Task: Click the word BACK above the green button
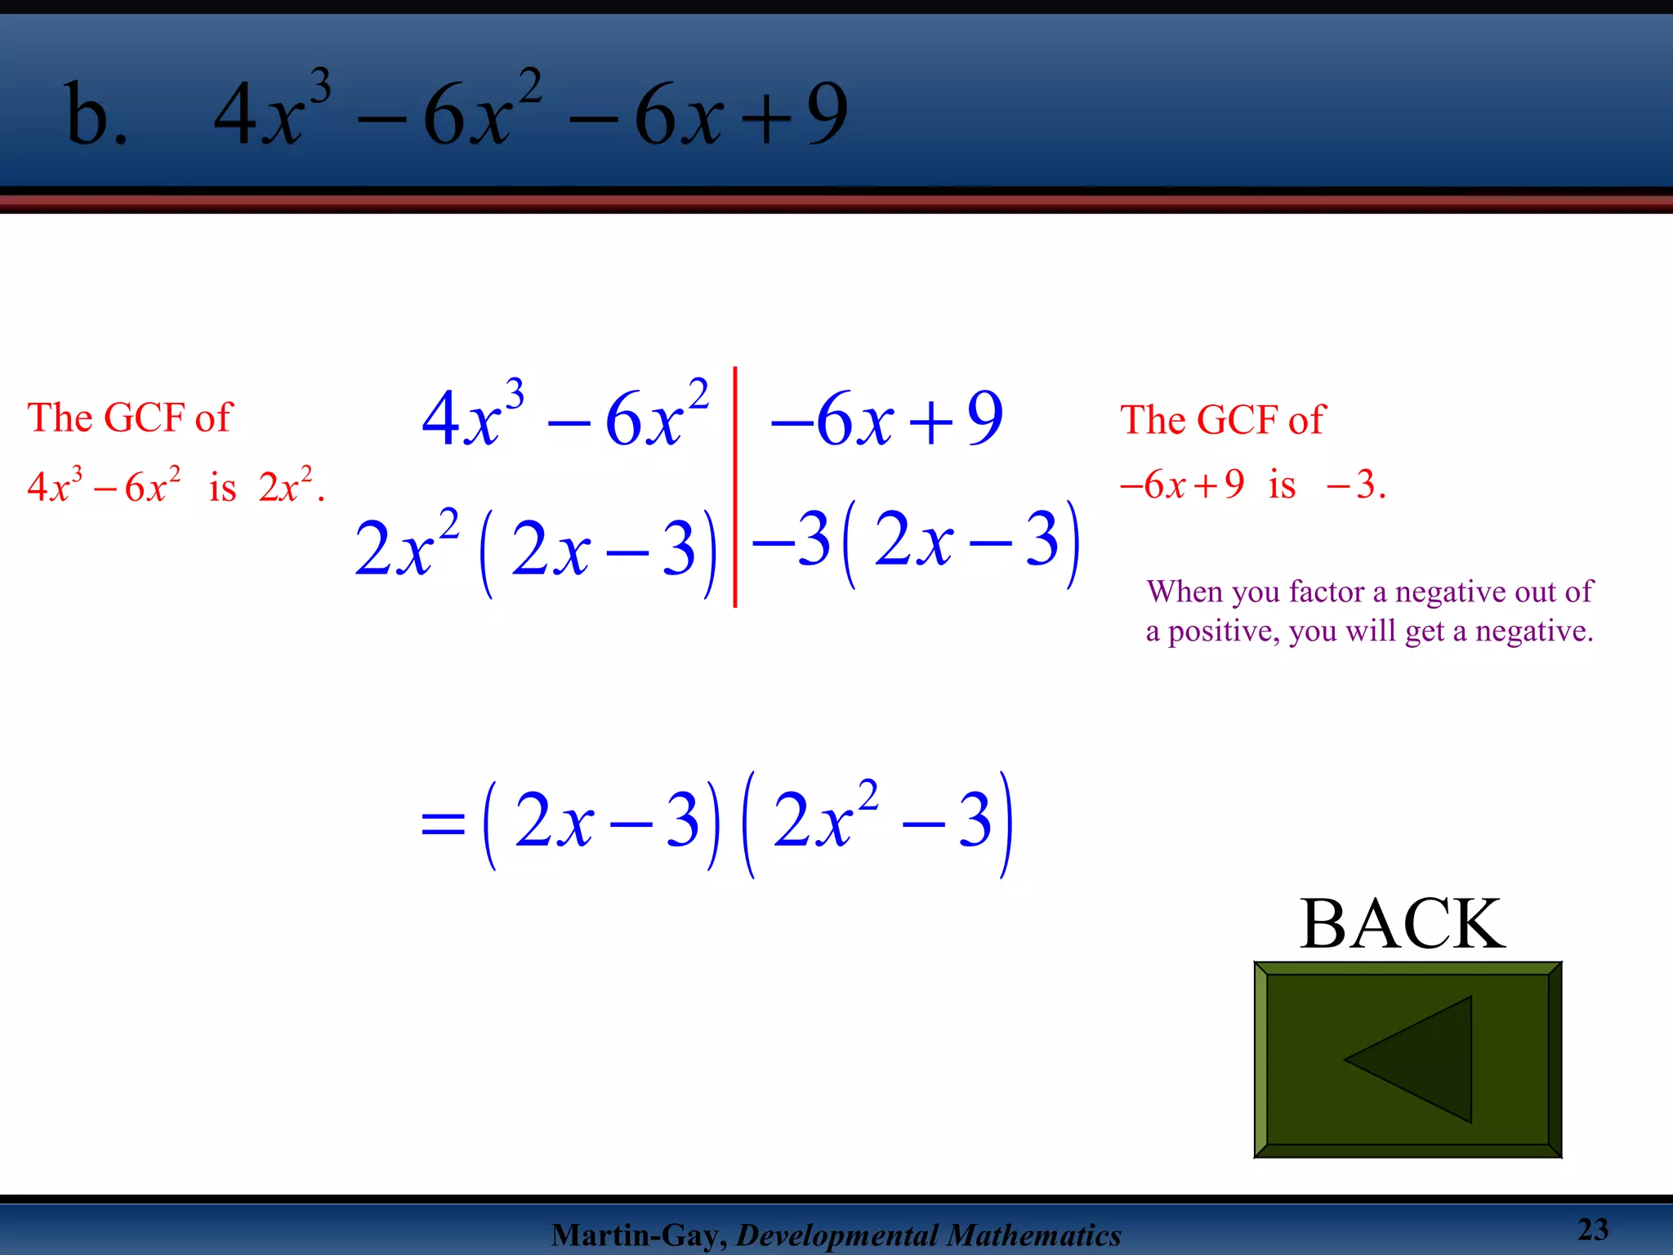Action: tap(1403, 924)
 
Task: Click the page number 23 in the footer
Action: tap(1592, 1230)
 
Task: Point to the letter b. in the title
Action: tap(96, 114)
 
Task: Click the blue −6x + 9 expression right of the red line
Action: tap(887, 418)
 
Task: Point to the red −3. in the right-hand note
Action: tap(1355, 485)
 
